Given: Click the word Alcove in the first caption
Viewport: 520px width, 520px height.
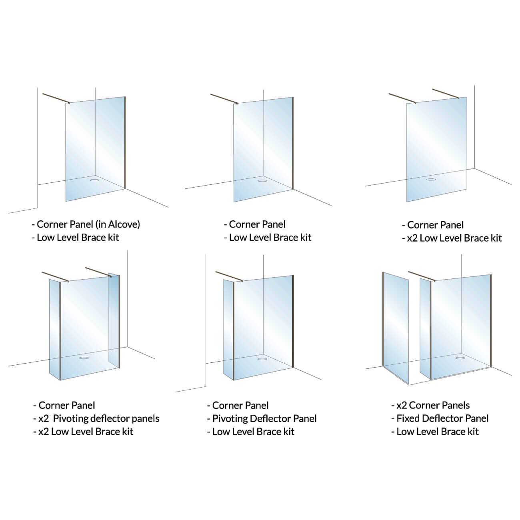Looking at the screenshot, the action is pyautogui.click(x=125, y=224).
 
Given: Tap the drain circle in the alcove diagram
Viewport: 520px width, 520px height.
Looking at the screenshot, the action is pyautogui.click(x=94, y=179).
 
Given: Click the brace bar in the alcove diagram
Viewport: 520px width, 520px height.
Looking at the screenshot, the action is pyautogui.click(x=56, y=98).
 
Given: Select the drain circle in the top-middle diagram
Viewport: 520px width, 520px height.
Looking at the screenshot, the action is pyautogui.click(x=262, y=180).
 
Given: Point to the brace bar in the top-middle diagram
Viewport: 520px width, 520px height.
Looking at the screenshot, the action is pyautogui.click(x=224, y=98).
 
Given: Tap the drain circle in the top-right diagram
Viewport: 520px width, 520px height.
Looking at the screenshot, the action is pyautogui.click(x=431, y=179).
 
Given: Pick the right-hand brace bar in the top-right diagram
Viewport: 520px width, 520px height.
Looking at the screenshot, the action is pyautogui.click(x=446, y=93).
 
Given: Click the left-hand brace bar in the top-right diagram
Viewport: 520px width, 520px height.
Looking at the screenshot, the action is pyautogui.click(x=402, y=98).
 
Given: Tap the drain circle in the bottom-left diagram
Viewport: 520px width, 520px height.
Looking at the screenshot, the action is pyautogui.click(x=84, y=358).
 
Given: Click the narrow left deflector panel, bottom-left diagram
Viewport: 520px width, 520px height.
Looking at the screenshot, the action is pyautogui.click(x=54, y=330).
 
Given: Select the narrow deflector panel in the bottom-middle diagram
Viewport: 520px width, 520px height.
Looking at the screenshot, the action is pyautogui.click(x=228, y=330).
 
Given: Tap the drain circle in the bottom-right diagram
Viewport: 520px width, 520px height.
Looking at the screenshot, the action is pyautogui.click(x=460, y=358).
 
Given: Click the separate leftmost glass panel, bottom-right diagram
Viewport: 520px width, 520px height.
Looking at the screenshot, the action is pyautogui.click(x=396, y=328).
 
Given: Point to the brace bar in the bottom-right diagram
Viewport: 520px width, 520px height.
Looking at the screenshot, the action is pyautogui.click(x=422, y=276).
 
